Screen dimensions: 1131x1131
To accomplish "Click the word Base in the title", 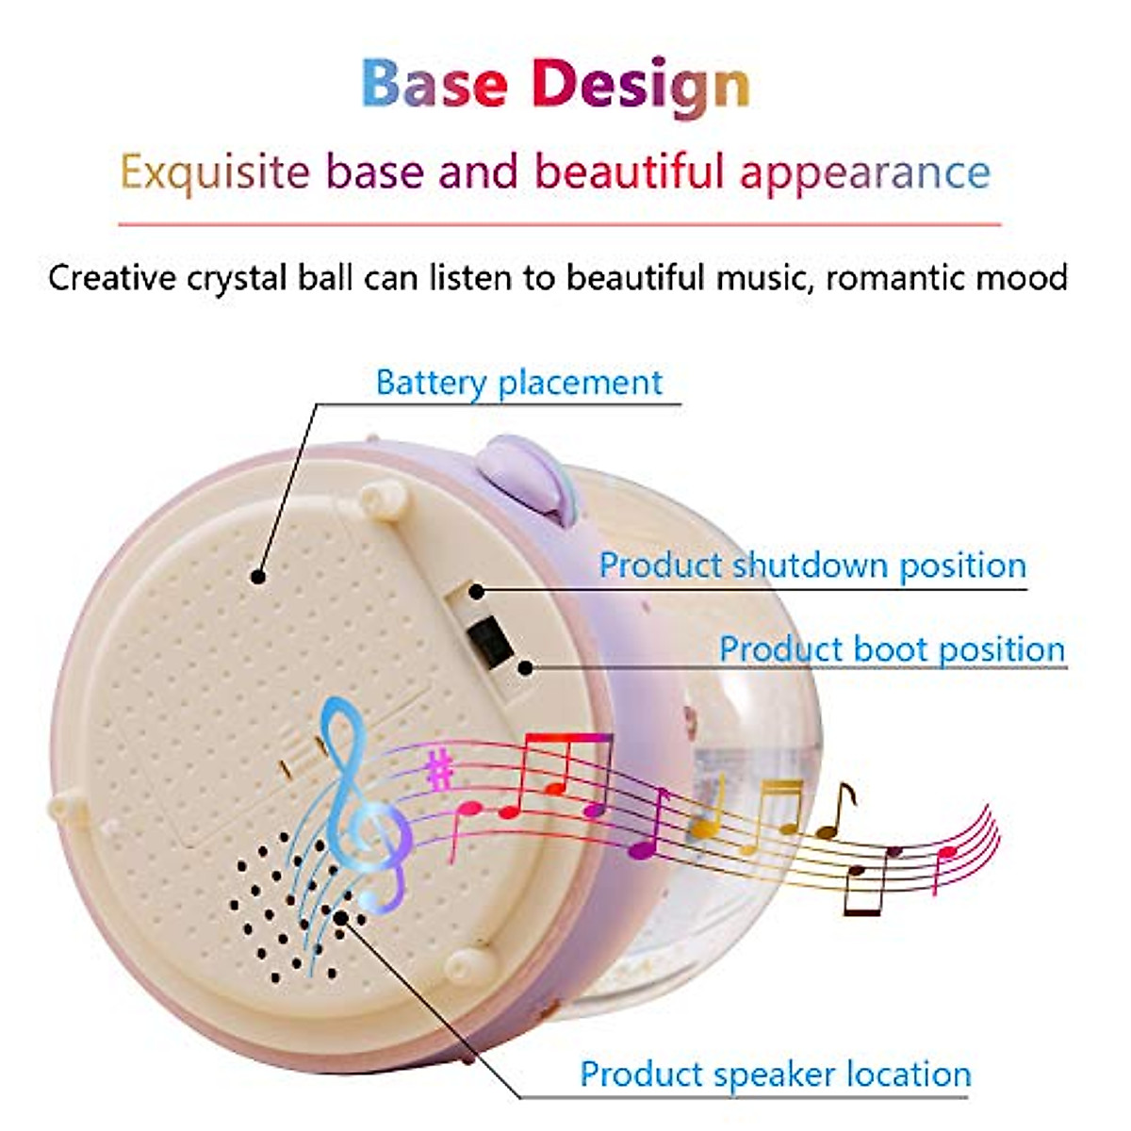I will click(434, 84).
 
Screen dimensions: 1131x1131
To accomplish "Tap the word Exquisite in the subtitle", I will click(214, 172).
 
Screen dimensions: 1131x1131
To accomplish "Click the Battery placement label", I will click(518, 383).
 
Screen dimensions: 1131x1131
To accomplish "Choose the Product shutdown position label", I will click(812, 565).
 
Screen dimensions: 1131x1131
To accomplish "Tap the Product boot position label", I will click(892, 649).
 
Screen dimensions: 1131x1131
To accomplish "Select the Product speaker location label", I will click(775, 1074).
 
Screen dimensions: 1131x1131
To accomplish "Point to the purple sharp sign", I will click(438, 770).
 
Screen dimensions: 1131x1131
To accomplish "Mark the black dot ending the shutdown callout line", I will click(477, 592).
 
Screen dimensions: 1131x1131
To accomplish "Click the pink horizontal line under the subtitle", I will click(559, 225).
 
